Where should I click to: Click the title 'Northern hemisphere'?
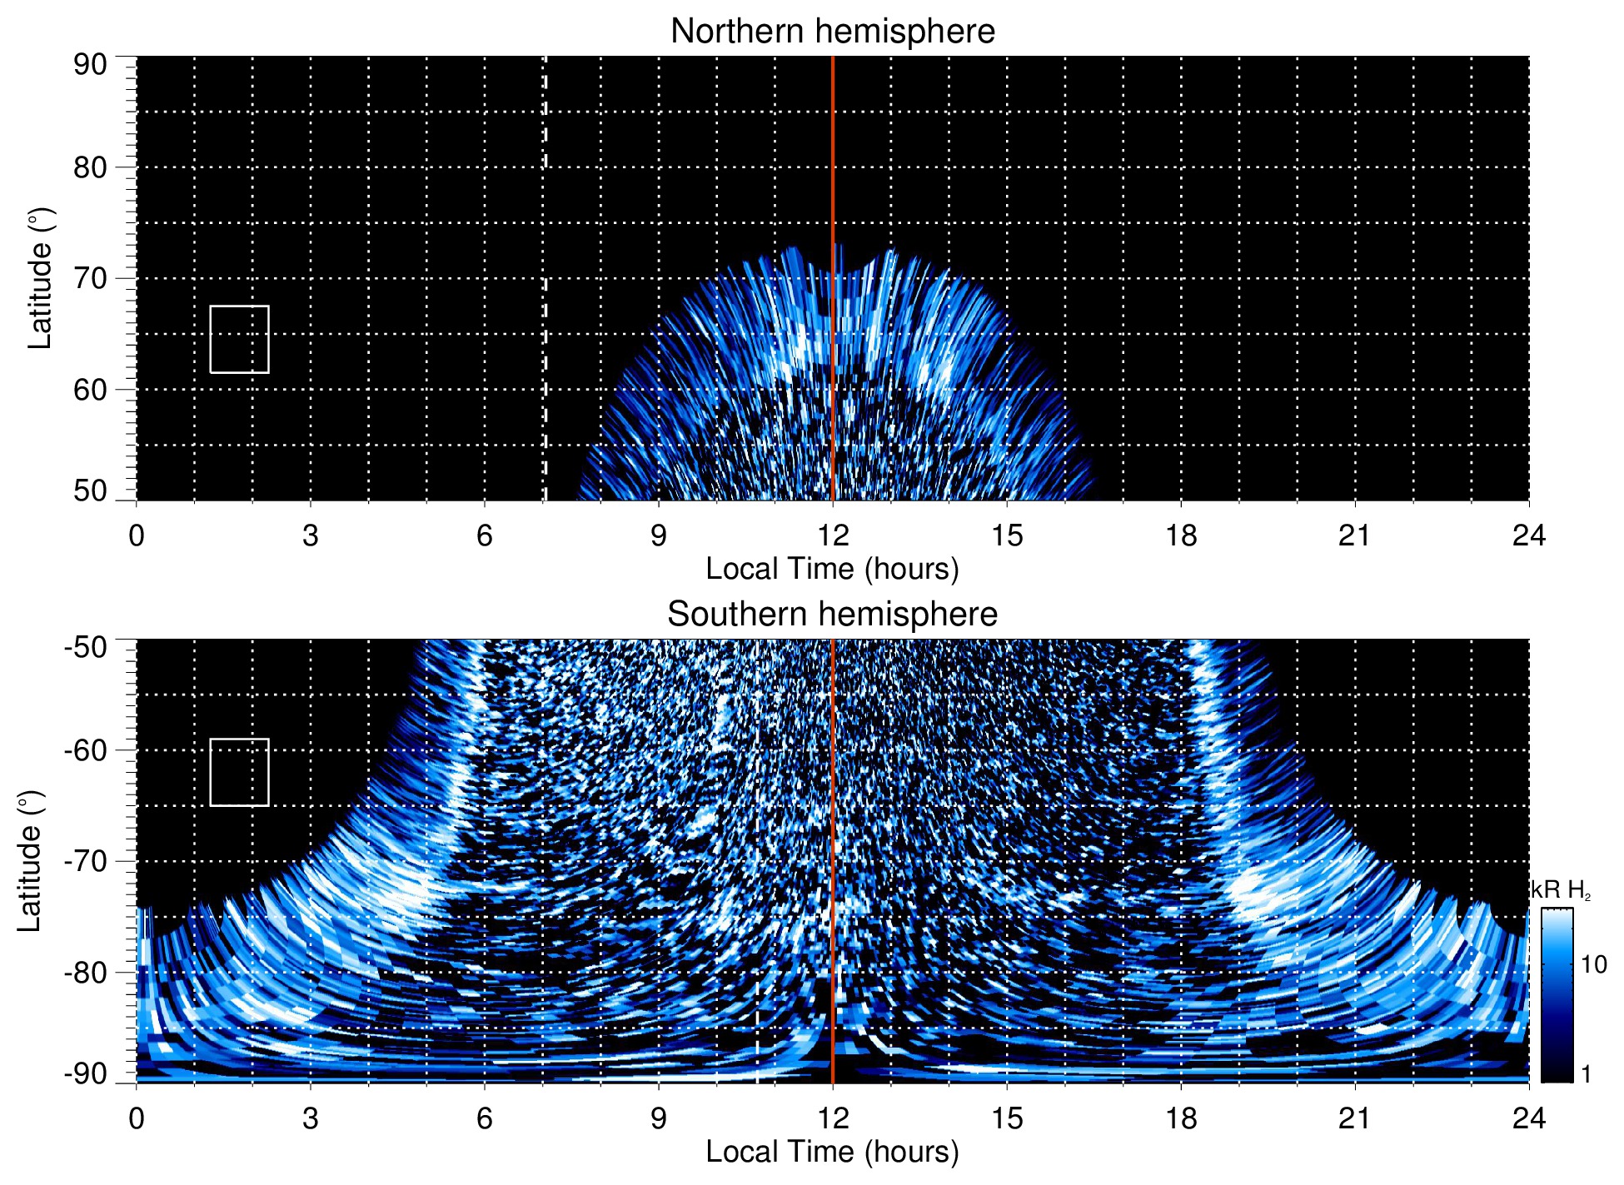click(832, 32)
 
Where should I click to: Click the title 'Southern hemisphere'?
click(832, 615)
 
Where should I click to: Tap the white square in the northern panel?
click(239, 339)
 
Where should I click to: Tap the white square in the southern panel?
click(239, 772)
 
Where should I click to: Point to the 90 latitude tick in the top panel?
click(90, 65)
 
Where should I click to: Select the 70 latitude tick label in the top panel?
click(90, 278)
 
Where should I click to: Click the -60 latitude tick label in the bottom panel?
click(86, 749)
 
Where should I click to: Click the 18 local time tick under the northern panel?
click(1180, 535)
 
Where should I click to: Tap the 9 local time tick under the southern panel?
click(659, 1118)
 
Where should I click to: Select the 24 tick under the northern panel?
click(1528, 535)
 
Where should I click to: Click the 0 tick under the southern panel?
click(137, 1118)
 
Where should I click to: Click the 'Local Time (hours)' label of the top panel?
click(832, 569)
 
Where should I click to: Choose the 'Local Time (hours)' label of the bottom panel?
click(832, 1152)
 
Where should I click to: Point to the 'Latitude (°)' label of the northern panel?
click(40, 278)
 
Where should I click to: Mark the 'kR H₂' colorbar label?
click(1560, 890)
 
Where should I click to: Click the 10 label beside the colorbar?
click(1593, 964)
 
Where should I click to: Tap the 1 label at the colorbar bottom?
click(1586, 1074)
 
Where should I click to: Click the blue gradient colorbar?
click(1556, 995)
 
